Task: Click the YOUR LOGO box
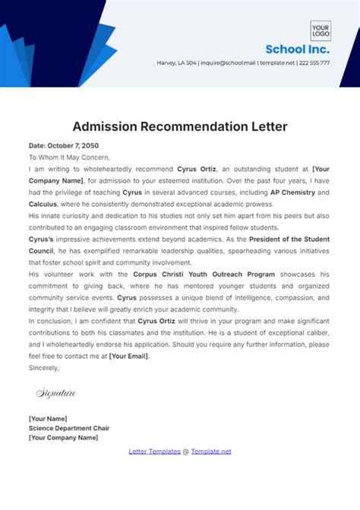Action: point(320,30)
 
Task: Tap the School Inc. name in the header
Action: point(297,49)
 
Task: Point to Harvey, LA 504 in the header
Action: point(176,63)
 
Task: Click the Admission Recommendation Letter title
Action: point(180,125)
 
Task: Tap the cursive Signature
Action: point(55,393)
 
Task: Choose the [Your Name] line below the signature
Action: point(48,419)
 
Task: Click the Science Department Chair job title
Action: point(69,428)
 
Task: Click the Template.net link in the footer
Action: point(210,451)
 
